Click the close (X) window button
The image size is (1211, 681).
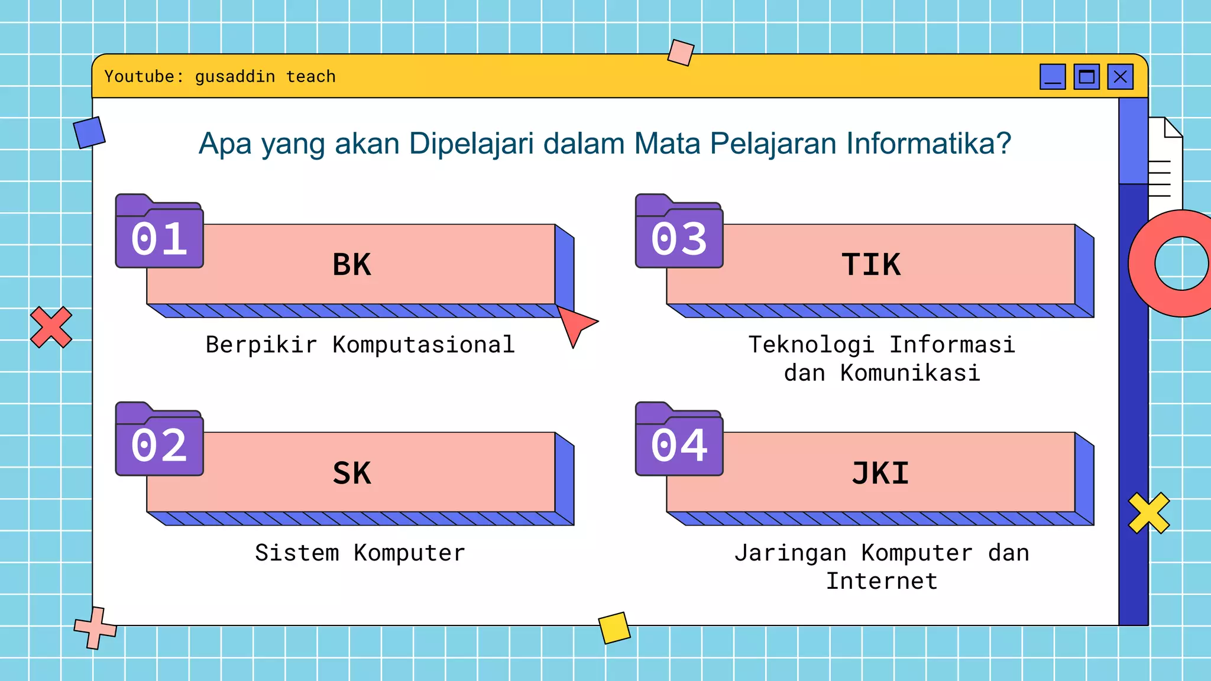(x=1120, y=77)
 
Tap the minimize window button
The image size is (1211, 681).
(x=1053, y=77)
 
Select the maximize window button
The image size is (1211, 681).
(x=1086, y=77)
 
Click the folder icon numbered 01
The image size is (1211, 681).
(x=159, y=232)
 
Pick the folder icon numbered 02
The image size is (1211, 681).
(x=159, y=440)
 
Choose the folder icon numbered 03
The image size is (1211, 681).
(x=679, y=232)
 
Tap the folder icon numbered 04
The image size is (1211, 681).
(x=679, y=440)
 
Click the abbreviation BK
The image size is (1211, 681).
(x=352, y=264)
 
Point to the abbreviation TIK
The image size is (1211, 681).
(x=871, y=264)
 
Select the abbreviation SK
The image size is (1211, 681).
(x=352, y=473)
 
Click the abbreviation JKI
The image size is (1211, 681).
(x=880, y=473)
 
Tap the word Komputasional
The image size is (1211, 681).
(x=423, y=345)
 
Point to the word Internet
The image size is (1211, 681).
(x=882, y=581)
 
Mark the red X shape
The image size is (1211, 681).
(x=51, y=327)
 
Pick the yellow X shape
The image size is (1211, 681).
(x=1148, y=513)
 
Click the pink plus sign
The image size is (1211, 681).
(x=95, y=628)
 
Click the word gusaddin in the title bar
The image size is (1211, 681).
(x=235, y=77)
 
